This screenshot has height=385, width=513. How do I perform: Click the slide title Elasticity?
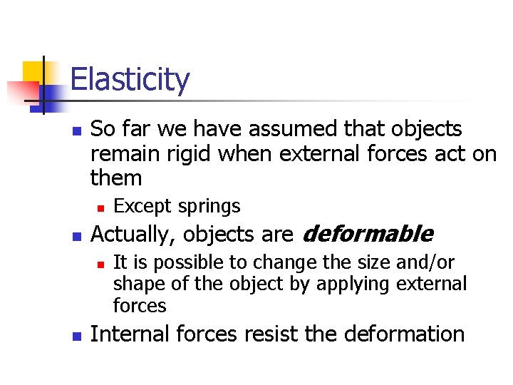pos(130,79)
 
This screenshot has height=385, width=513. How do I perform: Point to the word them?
pos(117,178)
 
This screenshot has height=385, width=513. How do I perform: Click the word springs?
pos(209,207)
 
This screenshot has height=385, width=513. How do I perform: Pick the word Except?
pos(141,207)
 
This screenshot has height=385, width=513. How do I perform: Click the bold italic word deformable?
pos(368,234)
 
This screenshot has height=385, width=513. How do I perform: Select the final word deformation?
pos(401,334)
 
